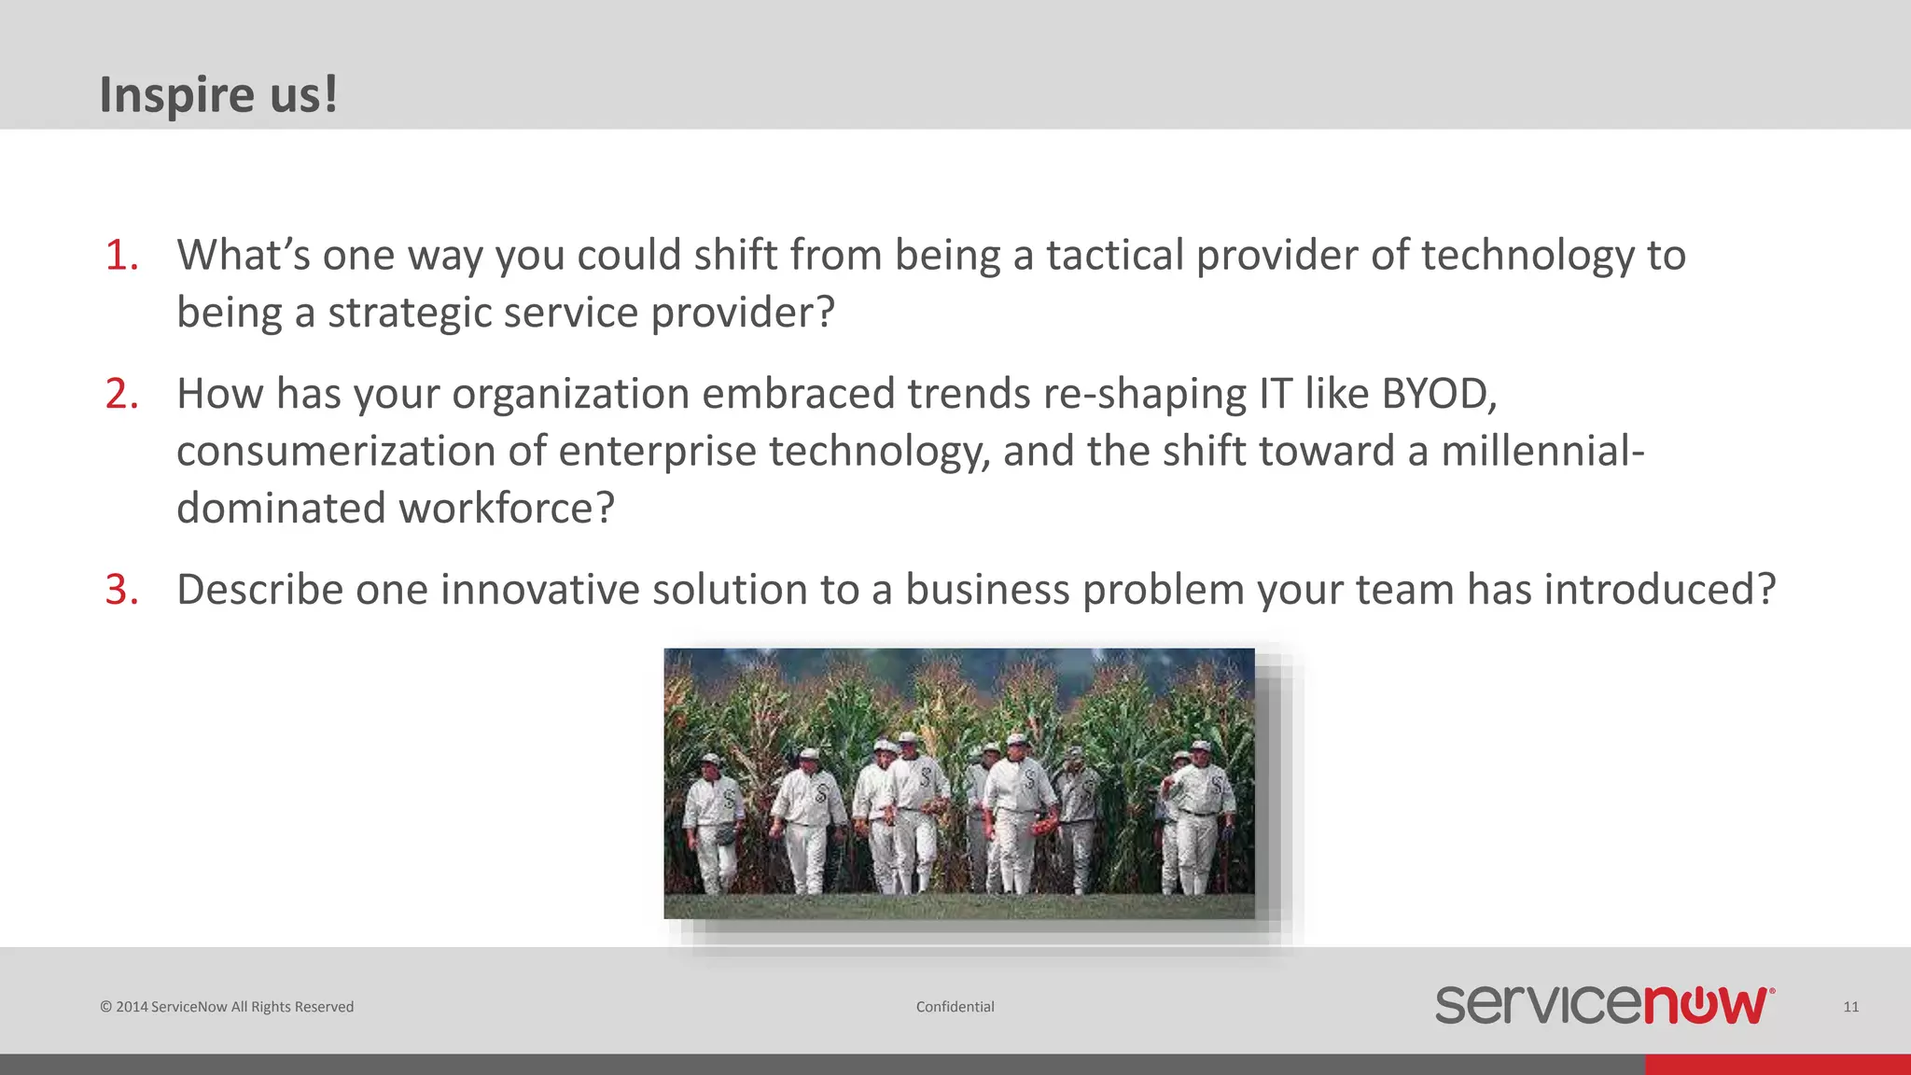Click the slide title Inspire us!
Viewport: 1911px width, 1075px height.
[218, 94]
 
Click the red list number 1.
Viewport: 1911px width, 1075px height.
[121, 256]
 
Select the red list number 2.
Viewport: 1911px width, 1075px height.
[121, 394]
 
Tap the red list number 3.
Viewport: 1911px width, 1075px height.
[121, 590]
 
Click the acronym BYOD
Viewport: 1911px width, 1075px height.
[1438, 394]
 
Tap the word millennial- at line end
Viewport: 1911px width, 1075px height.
[1541, 452]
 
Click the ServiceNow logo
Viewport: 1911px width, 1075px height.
[1604, 1005]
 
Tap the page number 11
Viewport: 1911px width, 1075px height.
[1850, 1007]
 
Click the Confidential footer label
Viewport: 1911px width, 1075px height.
[955, 1007]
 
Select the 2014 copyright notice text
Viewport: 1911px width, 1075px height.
[227, 1007]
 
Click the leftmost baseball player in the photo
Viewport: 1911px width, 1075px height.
[713, 821]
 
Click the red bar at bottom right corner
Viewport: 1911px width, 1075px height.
[1777, 1064]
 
